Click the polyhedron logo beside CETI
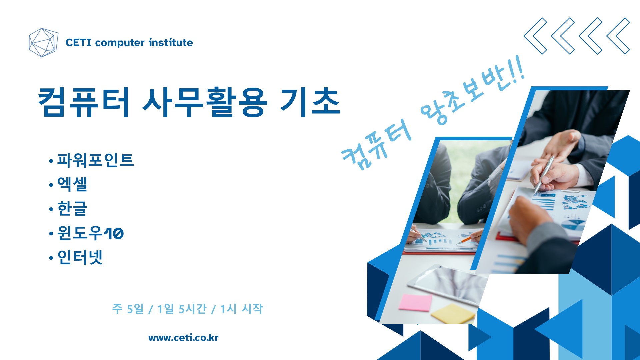click(x=43, y=42)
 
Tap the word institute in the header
click(x=171, y=42)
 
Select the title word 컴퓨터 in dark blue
click(x=84, y=102)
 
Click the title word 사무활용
click(x=205, y=102)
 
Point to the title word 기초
click(x=310, y=102)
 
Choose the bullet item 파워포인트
click(x=95, y=160)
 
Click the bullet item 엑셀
click(x=72, y=184)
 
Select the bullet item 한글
click(x=72, y=208)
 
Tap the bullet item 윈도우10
click(x=90, y=233)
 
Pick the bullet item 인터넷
click(x=80, y=257)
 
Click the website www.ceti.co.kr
click(x=183, y=338)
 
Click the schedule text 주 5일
click(x=128, y=309)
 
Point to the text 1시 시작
click(x=242, y=309)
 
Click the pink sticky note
click(x=415, y=302)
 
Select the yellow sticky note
click(x=453, y=313)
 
